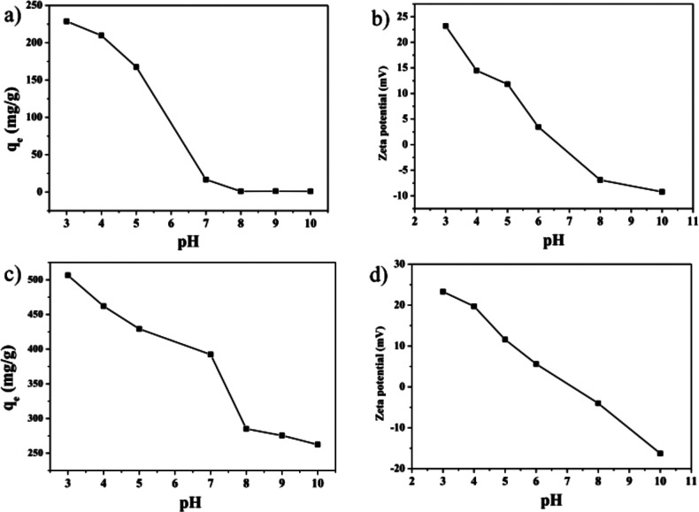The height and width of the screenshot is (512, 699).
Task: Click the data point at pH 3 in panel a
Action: tap(66, 21)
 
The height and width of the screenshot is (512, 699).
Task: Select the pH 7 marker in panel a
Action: tap(206, 180)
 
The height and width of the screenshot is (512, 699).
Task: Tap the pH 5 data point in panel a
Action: tap(136, 66)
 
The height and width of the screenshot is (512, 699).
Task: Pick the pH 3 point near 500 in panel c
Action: tap(68, 275)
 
